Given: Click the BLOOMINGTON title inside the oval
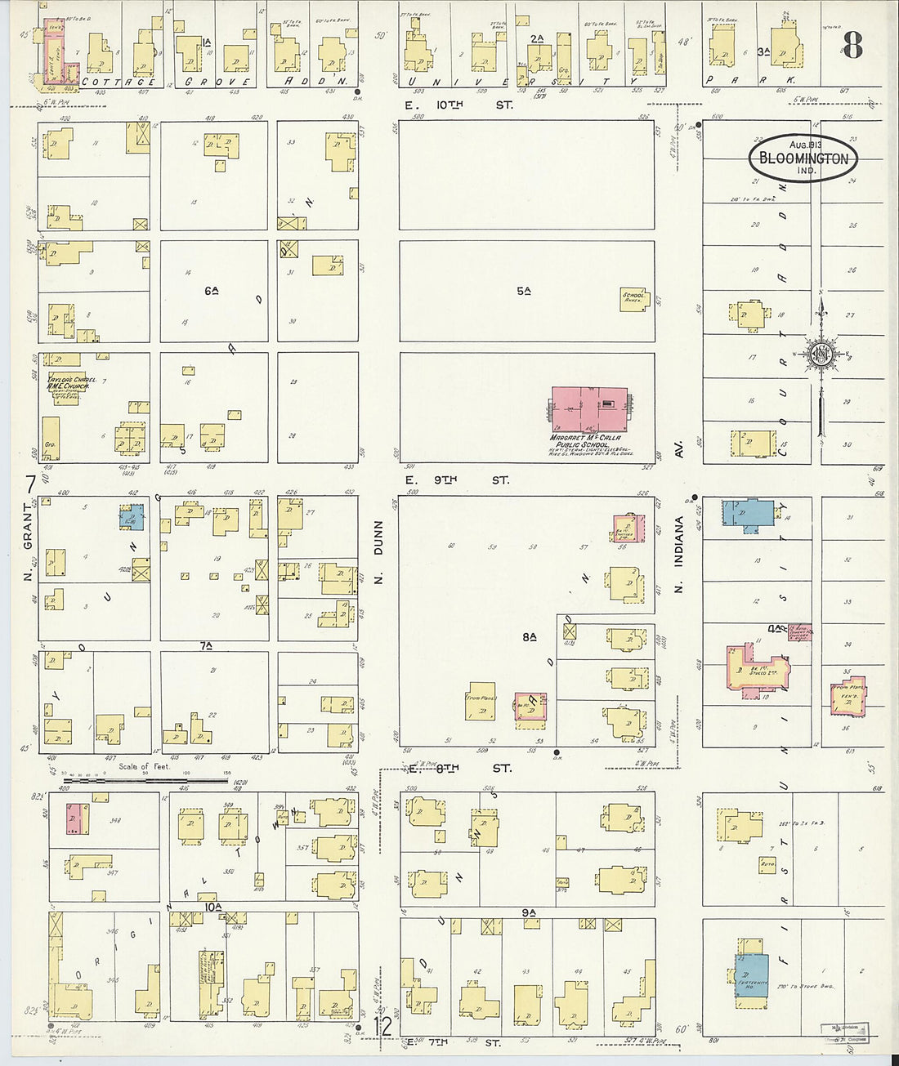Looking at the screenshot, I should coord(804,158).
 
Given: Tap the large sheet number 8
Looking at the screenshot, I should coord(852,47).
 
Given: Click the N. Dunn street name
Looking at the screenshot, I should coord(378,556).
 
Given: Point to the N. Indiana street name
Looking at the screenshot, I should coord(678,554).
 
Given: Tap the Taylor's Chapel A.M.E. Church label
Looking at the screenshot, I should coord(72,384).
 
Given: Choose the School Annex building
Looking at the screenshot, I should coord(634,298).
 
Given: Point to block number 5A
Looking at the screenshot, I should coord(524,291).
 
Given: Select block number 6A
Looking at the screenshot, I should coord(212,291).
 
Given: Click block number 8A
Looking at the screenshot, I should coord(529,637).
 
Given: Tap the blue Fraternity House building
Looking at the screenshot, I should coord(750,972).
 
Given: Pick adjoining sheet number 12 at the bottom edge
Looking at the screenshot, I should coord(382,1026).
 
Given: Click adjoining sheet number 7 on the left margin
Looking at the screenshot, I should coord(30,484).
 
